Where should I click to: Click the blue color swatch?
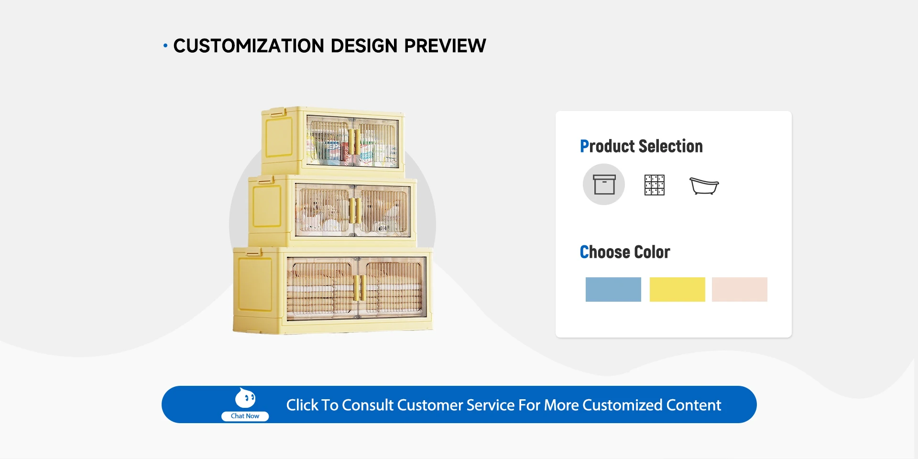pos(613,289)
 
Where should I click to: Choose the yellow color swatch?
pos(677,289)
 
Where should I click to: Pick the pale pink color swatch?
pos(739,289)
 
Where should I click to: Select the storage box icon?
pos(604,185)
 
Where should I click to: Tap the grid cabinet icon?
pos(655,185)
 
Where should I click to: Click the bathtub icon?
pos(704,186)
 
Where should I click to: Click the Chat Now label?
pos(245,416)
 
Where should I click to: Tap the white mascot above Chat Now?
pos(245,398)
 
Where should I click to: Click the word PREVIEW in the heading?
pos(445,46)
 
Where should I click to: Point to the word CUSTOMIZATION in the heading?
pos(249,46)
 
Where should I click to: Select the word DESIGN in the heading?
pos(364,46)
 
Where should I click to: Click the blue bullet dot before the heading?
pos(165,46)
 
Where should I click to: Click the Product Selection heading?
pos(641,146)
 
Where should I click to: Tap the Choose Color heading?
pos(625,252)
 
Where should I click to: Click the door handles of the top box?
pos(354,142)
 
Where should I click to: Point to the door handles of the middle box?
pos(355,211)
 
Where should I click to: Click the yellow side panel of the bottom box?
pos(255,285)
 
